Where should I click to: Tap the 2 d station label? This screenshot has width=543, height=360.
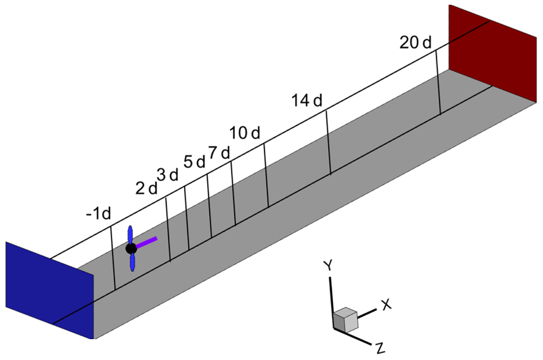pos(146,188)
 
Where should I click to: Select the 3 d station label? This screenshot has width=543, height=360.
pos(167,175)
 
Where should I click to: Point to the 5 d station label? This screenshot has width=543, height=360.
pos(194,161)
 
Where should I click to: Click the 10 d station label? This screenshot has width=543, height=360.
pos(245,133)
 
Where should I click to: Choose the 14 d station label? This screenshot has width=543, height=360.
pos(307,101)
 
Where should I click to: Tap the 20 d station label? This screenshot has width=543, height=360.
pos(416,42)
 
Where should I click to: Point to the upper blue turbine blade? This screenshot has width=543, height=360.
pos(130,234)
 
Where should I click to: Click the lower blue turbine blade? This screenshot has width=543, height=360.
pos(134,262)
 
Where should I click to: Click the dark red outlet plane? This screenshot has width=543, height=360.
pos(495,44)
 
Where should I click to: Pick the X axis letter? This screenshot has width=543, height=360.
pos(386,304)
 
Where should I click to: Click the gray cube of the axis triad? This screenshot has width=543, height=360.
pos(345,320)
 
